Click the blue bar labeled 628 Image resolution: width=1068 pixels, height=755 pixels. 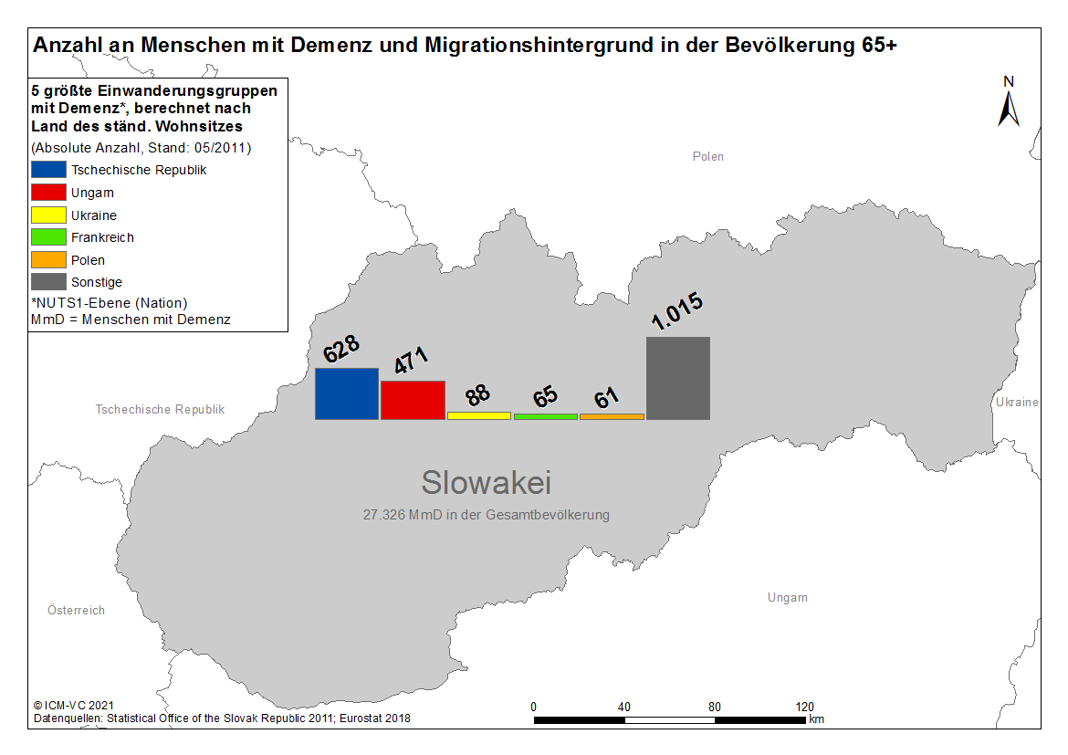coord(347,393)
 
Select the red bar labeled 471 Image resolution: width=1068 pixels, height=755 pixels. coord(413,400)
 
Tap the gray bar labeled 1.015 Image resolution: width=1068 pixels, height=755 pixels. coord(678,378)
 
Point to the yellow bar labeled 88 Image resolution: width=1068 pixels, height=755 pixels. coord(479,415)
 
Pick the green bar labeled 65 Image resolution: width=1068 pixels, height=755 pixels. coord(546,416)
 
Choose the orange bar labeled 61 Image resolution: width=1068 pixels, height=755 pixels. coord(612,416)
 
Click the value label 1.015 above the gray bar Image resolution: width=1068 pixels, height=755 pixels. coord(677,310)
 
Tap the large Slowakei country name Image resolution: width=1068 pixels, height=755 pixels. coord(487,482)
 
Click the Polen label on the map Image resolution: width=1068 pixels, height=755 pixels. coord(708,157)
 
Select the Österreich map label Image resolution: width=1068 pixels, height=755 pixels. coord(77,610)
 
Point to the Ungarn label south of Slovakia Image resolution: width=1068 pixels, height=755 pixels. coord(788,598)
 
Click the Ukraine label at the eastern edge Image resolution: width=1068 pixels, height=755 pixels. coord(1017,402)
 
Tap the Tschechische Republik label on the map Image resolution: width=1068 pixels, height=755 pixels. coord(160,410)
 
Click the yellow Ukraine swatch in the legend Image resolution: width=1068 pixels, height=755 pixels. coord(48,215)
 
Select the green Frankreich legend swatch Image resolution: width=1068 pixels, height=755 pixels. coord(48,237)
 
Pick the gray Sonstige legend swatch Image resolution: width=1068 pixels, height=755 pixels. coord(48,281)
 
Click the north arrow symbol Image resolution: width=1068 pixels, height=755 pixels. coord(1009,109)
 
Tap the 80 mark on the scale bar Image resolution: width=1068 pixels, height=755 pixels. coord(715,707)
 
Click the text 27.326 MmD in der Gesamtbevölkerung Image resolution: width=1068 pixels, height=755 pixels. coord(487,515)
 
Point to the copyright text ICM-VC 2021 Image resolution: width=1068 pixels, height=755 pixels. coord(74,706)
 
